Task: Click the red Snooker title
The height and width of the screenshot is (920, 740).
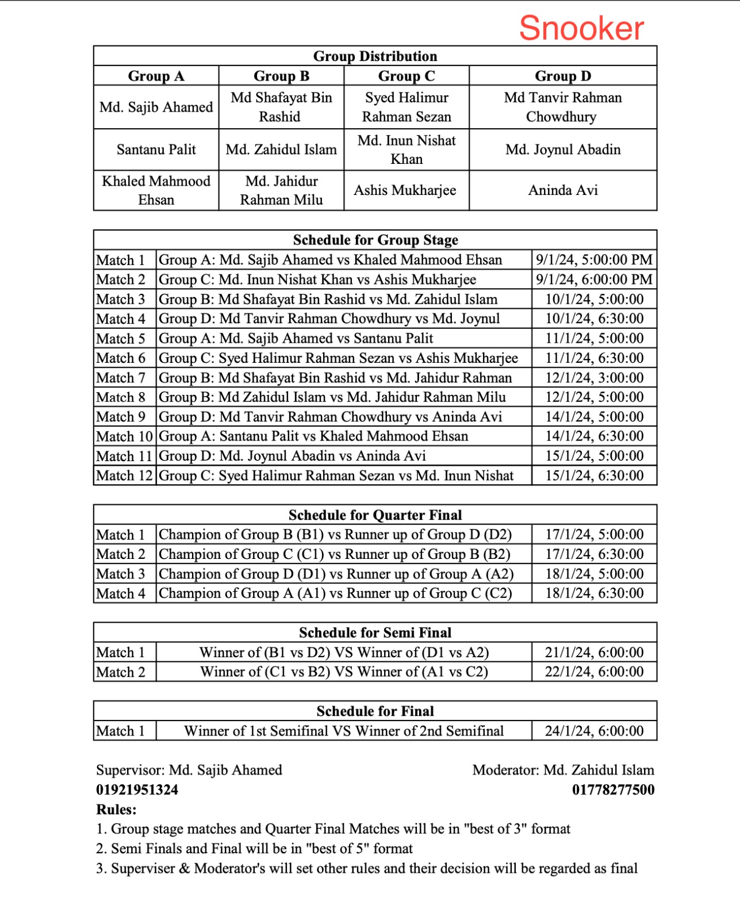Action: pos(581,28)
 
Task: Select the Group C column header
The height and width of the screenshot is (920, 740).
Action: pos(407,76)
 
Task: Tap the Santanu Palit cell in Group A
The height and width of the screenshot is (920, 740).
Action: pos(156,149)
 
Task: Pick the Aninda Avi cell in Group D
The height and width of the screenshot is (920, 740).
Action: pos(563,190)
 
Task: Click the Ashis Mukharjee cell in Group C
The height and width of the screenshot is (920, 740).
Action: pos(405,190)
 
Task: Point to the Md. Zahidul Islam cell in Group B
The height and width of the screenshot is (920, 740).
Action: pos(281,149)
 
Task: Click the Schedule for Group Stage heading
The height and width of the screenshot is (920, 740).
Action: pos(375,240)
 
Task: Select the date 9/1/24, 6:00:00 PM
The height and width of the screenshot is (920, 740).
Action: pos(594,279)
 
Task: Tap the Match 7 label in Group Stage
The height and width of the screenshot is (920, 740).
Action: pos(121,378)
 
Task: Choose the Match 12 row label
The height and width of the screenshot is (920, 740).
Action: pos(124,476)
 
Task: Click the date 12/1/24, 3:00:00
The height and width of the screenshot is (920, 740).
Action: pos(594,378)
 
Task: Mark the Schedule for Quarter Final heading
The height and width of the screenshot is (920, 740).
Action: pos(375,515)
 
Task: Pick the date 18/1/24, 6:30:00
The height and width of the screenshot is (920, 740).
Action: pos(594,593)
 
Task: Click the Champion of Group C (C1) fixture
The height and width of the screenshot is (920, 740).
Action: pos(335,554)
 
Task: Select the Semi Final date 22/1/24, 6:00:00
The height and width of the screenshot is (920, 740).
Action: pos(594,672)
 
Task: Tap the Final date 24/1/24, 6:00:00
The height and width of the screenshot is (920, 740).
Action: pos(594,731)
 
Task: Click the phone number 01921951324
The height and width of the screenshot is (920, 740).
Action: pos(137,789)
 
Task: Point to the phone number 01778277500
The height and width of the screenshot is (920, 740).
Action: pos(613,789)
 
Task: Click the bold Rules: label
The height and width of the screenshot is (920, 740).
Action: pos(116,810)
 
